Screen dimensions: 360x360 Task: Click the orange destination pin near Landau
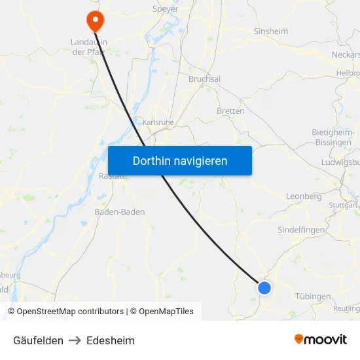pyautogui.click(x=95, y=20)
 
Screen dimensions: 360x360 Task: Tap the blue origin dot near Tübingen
pyautogui.click(x=264, y=287)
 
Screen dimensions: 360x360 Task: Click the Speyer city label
pyautogui.click(x=164, y=9)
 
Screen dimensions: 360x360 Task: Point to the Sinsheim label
pyautogui.click(x=270, y=31)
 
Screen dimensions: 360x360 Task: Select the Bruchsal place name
pyautogui.click(x=204, y=79)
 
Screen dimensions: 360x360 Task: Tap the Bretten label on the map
pyautogui.click(x=230, y=111)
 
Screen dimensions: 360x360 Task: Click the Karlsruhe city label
pyautogui.click(x=158, y=122)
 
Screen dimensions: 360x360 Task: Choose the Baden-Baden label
pyautogui.click(x=120, y=212)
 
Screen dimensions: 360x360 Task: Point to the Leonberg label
pyautogui.click(x=304, y=196)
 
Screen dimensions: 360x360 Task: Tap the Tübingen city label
pyautogui.click(x=313, y=297)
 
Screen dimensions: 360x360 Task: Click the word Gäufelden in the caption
pyautogui.click(x=38, y=340)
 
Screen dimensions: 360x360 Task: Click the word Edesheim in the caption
pyautogui.click(x=111, y=340)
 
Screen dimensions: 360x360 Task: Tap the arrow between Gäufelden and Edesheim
pyautogui.click(x=75, y=340)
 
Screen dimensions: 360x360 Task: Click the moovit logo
pyautogui.click(x=320, y=340)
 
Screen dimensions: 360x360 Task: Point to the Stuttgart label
pyautogui.click(x=344, y=205)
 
